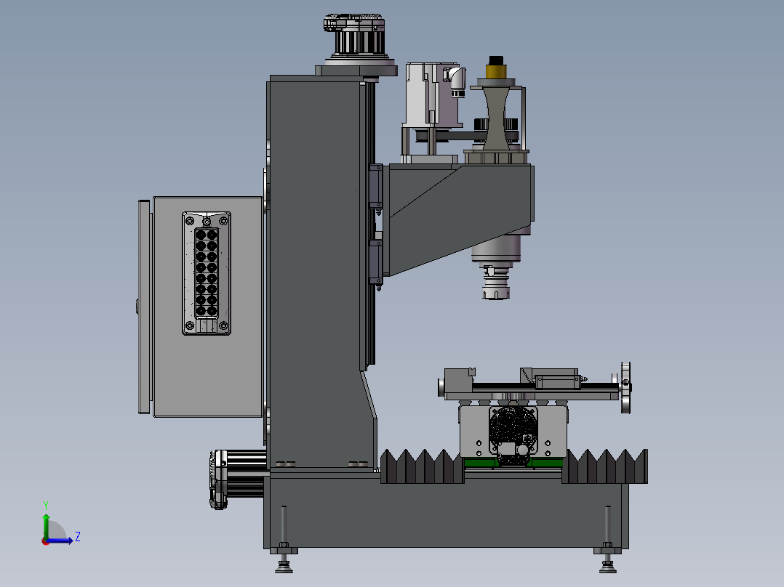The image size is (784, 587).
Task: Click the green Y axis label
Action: (46, 505)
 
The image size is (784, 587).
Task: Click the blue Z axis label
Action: (78, 537)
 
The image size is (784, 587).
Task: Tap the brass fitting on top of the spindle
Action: (495, 70)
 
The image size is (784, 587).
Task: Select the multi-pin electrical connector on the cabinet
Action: (207, 273)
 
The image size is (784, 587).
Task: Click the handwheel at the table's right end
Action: (625, 387)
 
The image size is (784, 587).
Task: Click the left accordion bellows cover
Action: (422, 466)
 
